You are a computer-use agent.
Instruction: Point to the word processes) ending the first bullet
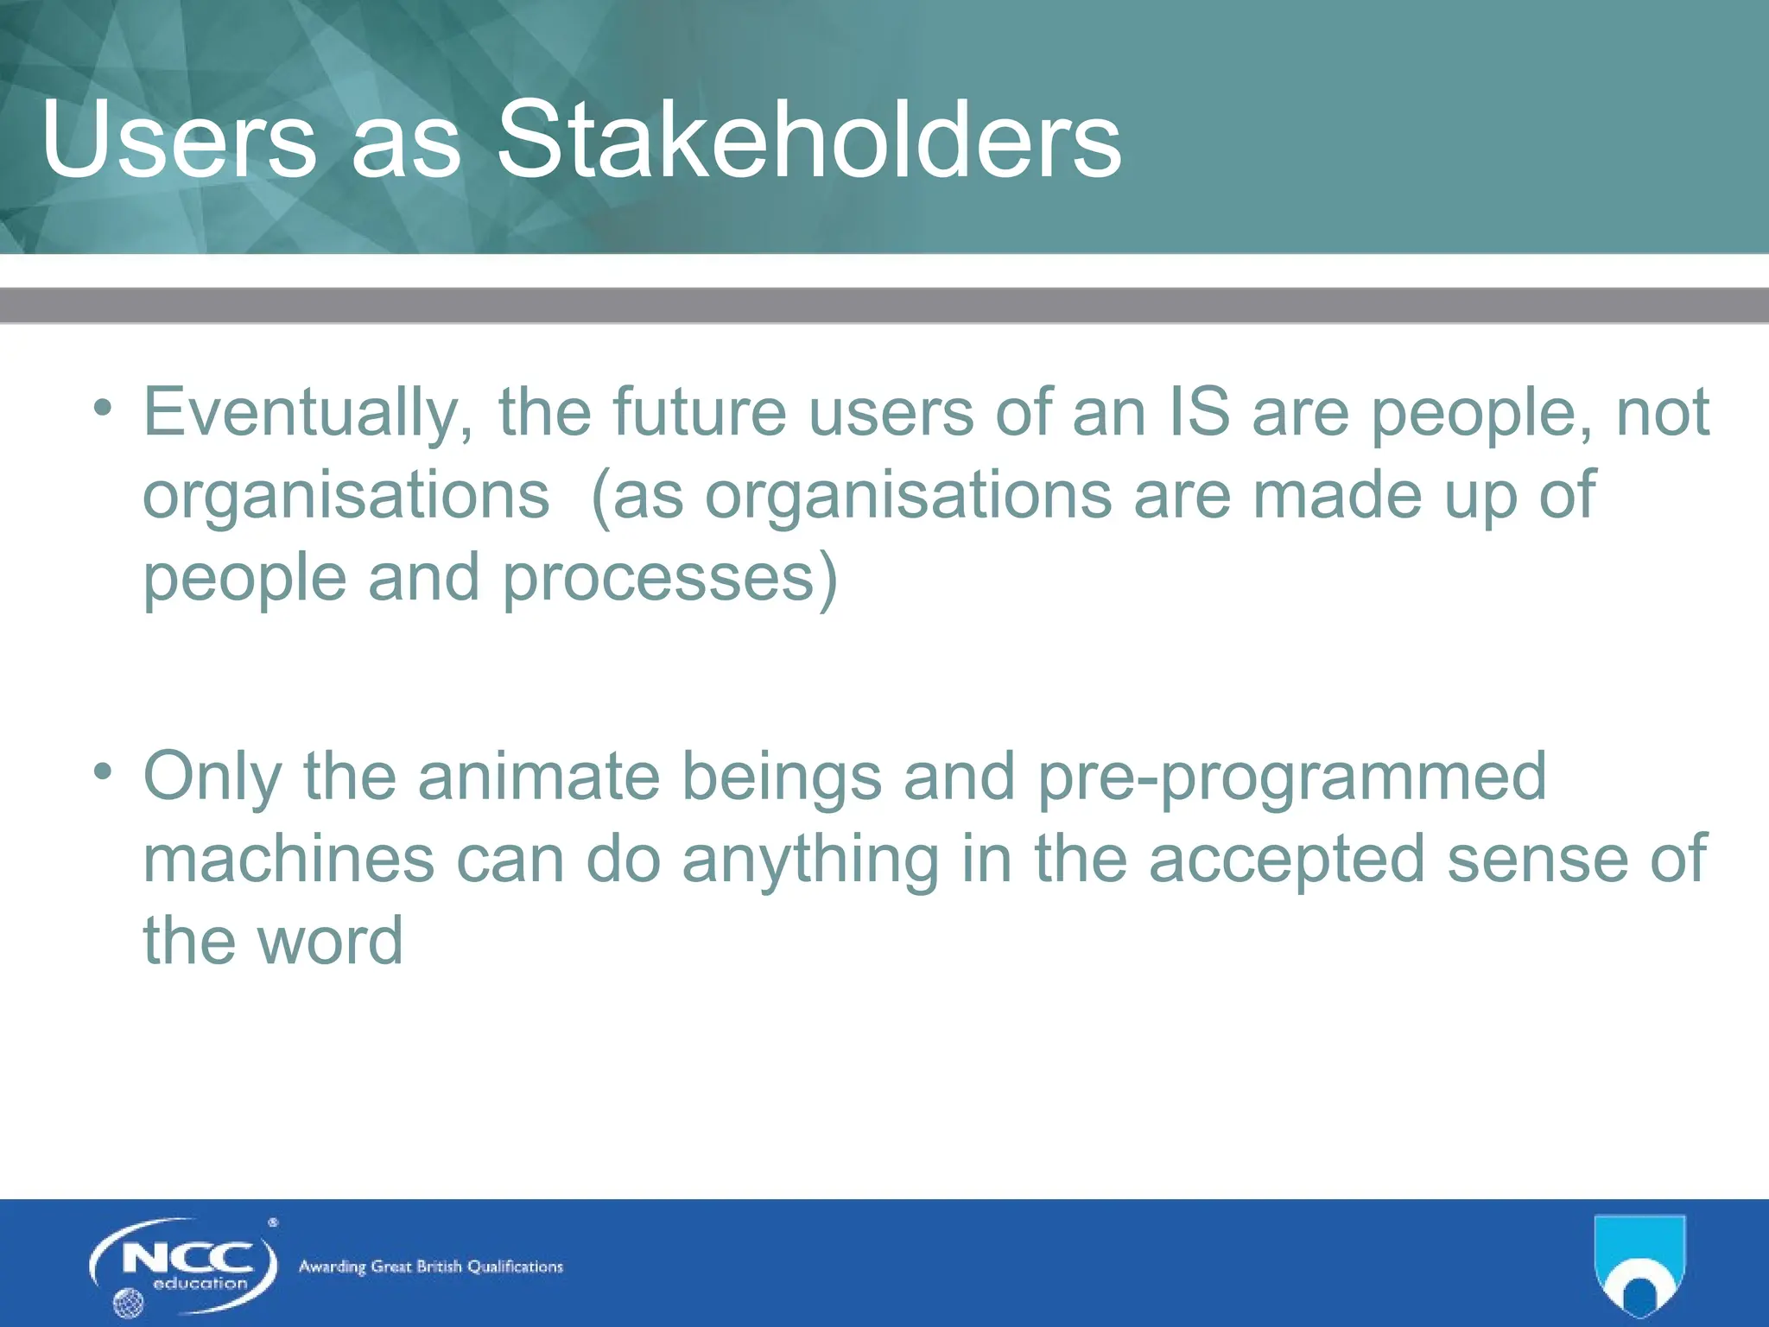point(670,579)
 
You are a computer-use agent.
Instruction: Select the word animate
point(539,776)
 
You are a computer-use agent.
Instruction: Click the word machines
point(288,859)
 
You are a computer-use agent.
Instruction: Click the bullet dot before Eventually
point(103,407)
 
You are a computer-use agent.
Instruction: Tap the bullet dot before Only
point(103,771)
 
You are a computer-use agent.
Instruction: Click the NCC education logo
point(184,1265)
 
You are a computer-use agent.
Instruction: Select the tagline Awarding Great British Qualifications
point(430,1267)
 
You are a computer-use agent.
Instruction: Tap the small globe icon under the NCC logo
point(128,1303)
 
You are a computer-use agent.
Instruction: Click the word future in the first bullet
point(700,413)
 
